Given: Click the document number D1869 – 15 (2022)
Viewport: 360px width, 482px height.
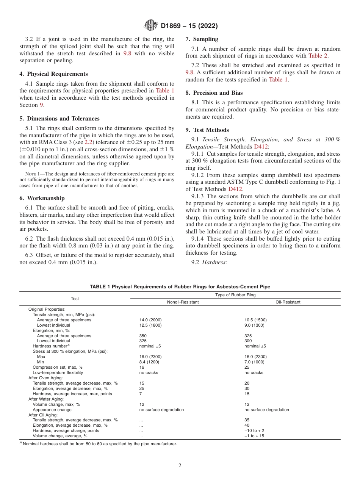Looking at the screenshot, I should click(189, 26).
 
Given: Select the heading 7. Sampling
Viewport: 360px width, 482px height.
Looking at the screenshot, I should click(202, 39).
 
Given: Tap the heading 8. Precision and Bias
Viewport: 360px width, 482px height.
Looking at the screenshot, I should click(214, 92).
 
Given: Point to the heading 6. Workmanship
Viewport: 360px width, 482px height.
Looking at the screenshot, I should click(42, 198).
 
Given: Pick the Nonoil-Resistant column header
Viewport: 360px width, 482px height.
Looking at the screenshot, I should click(183, 302).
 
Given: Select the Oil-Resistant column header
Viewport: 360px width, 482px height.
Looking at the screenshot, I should click(288, 302).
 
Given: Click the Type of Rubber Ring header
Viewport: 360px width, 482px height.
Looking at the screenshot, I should click(235, 295).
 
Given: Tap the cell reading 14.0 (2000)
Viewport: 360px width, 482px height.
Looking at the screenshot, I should click(150, 320).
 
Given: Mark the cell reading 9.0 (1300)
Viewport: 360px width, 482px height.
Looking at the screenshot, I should click(254, 325).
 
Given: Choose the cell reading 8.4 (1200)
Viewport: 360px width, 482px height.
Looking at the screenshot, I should click(149, 362).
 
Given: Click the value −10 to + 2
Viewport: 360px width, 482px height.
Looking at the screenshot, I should click(254, 430).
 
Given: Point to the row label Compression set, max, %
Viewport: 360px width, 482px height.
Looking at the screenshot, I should click(58, 367).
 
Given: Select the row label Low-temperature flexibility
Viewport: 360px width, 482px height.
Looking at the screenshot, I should click(58, 372).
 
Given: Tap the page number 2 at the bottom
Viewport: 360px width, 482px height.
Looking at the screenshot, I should click(180, 466).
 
